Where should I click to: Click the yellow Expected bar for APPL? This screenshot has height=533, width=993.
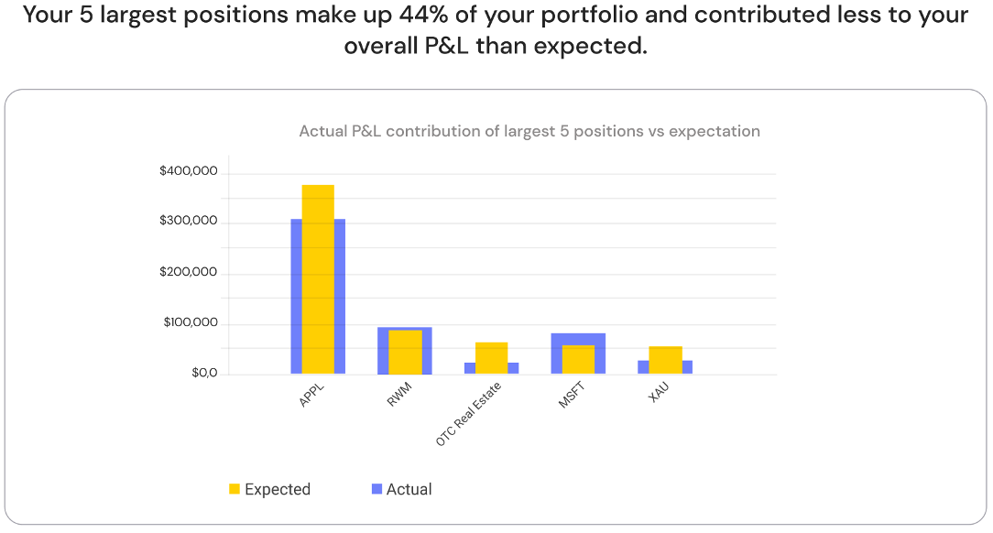(318, 278)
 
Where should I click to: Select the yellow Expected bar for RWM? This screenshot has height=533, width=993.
(405, 352)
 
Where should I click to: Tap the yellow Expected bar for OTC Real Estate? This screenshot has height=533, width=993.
(491, 357)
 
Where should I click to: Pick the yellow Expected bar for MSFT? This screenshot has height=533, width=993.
(578, 359)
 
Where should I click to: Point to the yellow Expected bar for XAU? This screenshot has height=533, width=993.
(665, 360)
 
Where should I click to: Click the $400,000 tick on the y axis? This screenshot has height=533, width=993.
(188, 171)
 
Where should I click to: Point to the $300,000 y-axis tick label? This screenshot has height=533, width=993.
(188, 222)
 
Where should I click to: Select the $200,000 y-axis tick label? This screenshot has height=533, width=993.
(188, 272)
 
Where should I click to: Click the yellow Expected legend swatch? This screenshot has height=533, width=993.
(235, 489)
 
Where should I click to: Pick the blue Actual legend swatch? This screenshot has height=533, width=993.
(376, 489)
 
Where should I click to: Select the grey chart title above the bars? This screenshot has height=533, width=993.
(529, 131)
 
